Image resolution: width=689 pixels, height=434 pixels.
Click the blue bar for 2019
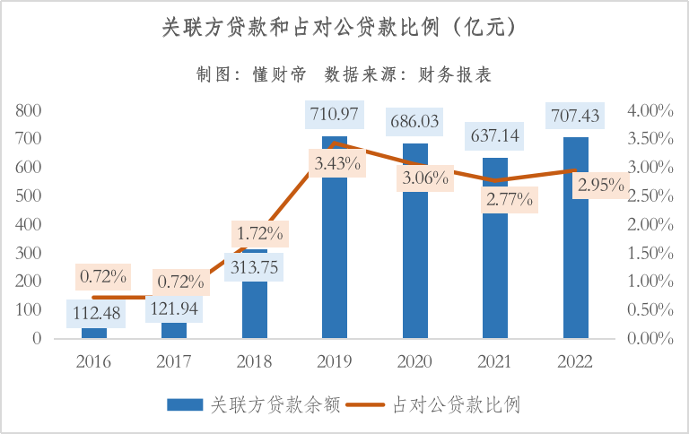click(335, 260)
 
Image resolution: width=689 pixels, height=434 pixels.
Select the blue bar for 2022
click(575, 260)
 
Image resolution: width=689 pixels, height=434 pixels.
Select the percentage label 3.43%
click(337, 163)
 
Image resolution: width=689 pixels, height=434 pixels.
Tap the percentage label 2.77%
click(508, 199)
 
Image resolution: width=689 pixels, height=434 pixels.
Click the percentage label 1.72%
click(260, 234)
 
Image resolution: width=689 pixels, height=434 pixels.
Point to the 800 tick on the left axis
click(29, 110)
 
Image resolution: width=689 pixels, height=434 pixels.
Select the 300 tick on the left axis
click(29, 253)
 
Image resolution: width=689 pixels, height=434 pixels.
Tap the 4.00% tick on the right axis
click(650, 110)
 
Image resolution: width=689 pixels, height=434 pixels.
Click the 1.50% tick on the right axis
click(650, 253)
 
